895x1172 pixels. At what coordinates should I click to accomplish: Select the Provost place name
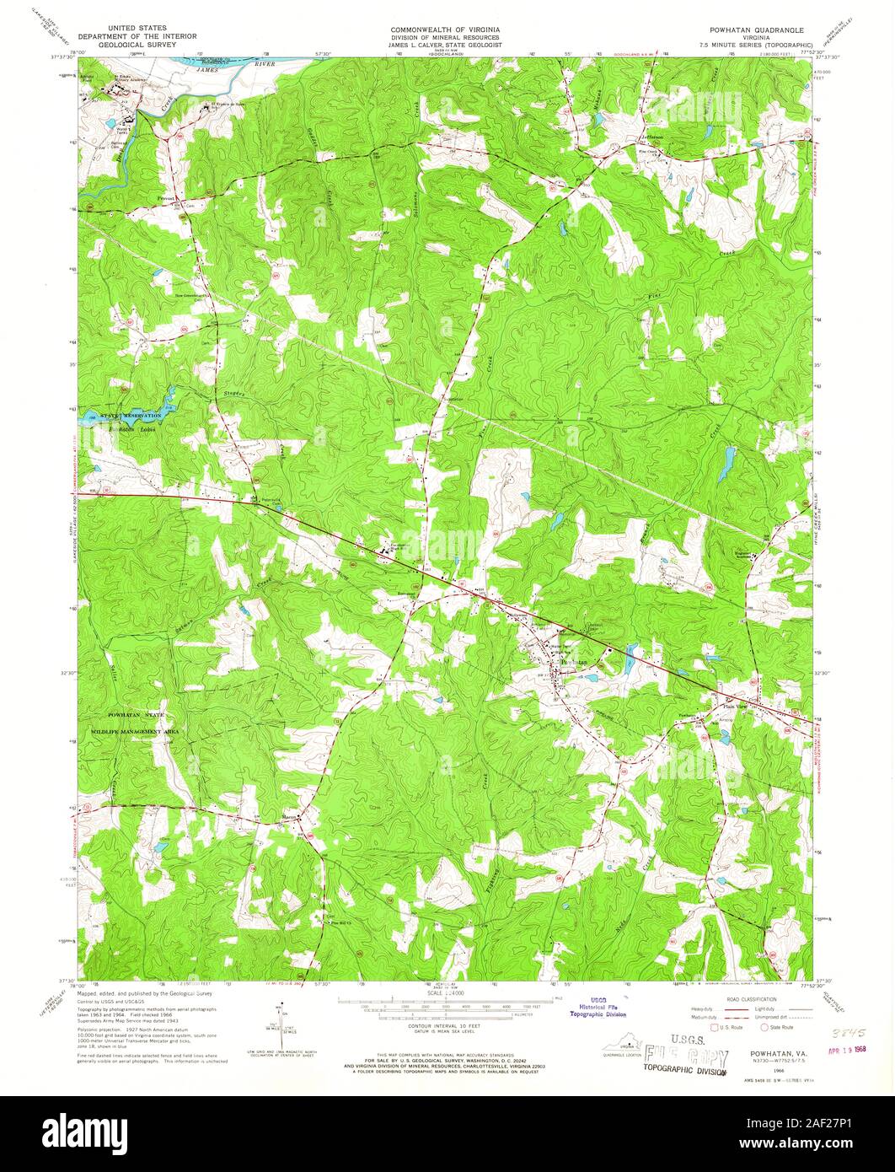point(166,198)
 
